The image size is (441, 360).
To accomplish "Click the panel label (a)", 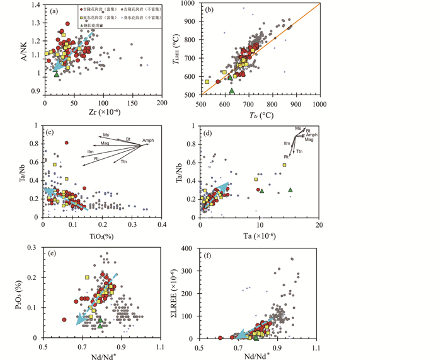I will click(x=54, y=9).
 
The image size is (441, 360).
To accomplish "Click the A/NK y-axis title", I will click(x=23, y=47).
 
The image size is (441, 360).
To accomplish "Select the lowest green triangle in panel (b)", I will click(x=232, y=91).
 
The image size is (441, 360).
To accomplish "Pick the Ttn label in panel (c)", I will click(x=125, y=163).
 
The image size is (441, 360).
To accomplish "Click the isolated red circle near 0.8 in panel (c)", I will click(x=66, y=143).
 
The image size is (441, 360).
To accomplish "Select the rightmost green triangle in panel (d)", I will click(x=290, y=189).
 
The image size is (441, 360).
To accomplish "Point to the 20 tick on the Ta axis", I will click(x=319, y=224).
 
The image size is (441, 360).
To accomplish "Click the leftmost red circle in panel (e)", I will click(x=64, y=320).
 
